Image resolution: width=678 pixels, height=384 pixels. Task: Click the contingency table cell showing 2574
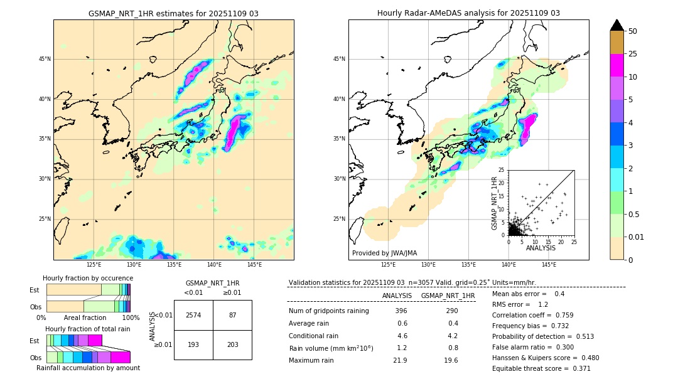pos(193,315)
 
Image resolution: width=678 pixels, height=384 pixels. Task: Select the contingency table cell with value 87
pos(232,315)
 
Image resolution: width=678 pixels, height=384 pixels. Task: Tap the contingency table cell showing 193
pos(193,344)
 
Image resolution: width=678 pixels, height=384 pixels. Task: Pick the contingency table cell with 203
pos(232,344)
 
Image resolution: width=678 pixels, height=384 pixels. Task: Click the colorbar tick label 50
pos(633,31)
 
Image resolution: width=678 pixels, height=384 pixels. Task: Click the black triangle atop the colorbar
pos(617,25)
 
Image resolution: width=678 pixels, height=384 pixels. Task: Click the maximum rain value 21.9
pos(400,360)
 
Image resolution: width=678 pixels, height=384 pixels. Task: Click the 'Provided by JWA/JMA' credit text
pos(384,253)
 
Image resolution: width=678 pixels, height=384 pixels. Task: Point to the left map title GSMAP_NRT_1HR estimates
pos(173,13)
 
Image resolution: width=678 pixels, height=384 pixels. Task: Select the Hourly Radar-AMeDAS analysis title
pos(468,13)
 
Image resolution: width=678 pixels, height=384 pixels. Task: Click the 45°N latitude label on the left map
pos(45,59)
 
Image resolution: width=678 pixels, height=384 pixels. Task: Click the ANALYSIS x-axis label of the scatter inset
pos(540,248)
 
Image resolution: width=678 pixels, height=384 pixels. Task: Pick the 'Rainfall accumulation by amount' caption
pos(88,368)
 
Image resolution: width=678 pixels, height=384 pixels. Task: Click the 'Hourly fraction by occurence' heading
pos(88,278)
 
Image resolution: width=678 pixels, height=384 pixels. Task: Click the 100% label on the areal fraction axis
pos(131,318)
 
